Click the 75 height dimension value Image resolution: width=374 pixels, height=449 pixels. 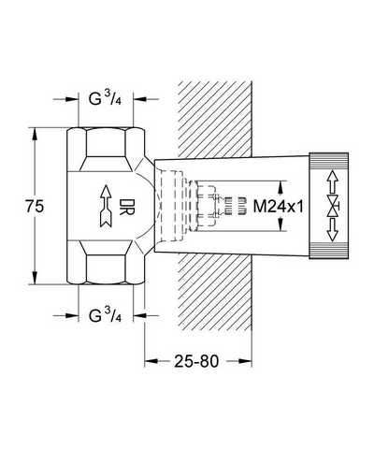point(35,207)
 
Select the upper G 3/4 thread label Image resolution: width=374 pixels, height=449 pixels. point(105,99)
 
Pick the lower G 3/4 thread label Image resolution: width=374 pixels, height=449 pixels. point(105,315)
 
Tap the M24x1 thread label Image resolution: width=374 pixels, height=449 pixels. point(278,207)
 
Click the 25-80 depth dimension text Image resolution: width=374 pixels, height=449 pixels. point(196,361)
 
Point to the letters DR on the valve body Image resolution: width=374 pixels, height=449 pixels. point(127,207)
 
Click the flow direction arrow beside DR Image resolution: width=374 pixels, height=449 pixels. point(106,206)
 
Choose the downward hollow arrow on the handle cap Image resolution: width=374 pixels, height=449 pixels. point(333,230)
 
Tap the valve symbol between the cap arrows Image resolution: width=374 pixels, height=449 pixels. point(334,207)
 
